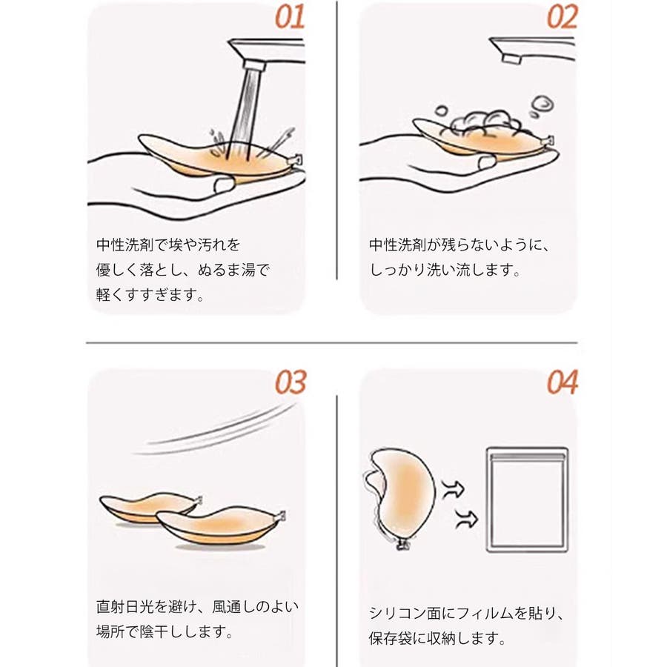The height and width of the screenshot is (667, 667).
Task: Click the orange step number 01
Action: click(290, 18)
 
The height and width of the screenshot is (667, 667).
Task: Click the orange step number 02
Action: click(563, 18)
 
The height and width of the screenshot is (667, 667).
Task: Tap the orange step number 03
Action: click(291, 382)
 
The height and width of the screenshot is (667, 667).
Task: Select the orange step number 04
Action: click(563, 382)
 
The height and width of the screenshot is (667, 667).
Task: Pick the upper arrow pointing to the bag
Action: click(454, 488)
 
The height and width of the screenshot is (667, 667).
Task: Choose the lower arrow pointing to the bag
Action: click(467, 519)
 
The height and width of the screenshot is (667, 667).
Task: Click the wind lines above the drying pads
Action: click(215, 431)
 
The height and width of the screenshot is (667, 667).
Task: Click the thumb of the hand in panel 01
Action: click(223, 185)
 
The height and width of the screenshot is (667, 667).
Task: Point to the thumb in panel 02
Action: click(487, 162)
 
